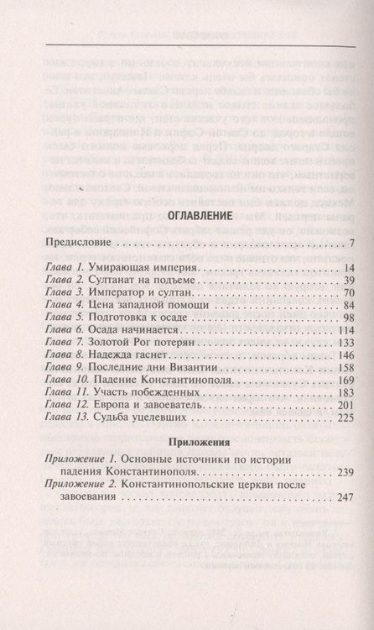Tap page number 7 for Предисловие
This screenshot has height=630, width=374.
click(x=331, y=244)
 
